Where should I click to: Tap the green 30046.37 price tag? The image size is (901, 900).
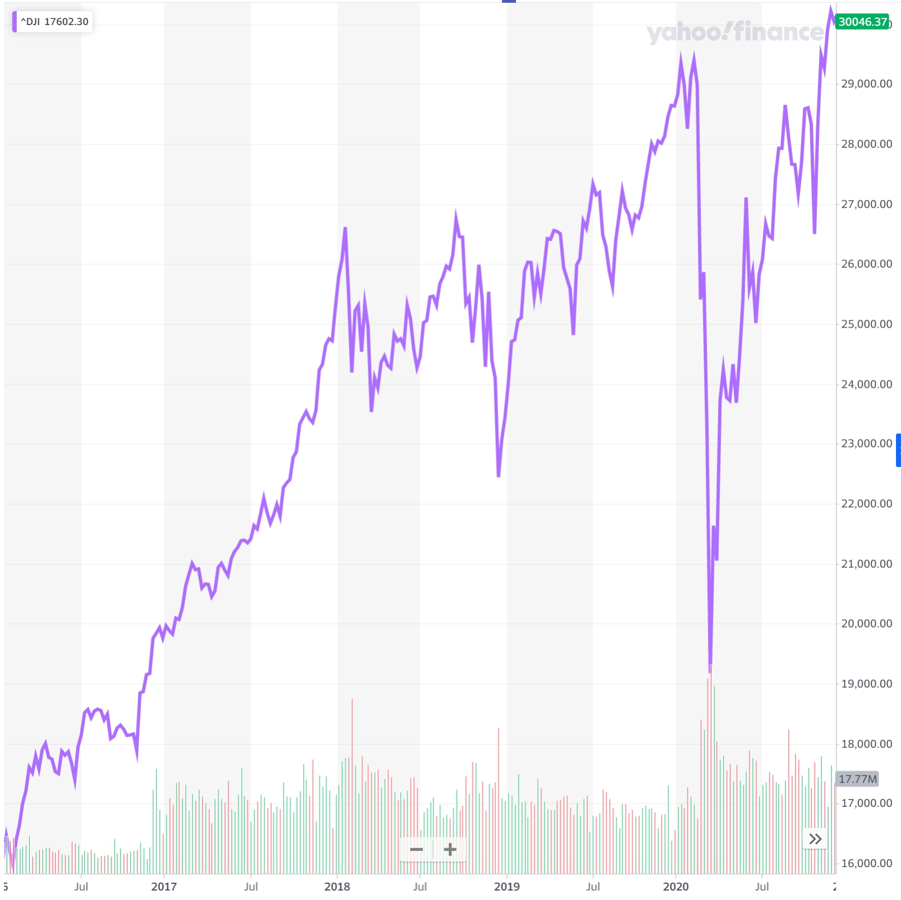click(x=863, y=22)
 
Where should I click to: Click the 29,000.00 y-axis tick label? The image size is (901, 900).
click(x=866, y=84)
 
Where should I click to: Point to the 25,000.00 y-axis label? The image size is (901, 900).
click(x=866, y=324)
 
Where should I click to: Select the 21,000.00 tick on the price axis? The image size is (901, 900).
click(x=866, y=564)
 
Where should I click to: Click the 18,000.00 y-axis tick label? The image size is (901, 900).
click(x=866, y=744)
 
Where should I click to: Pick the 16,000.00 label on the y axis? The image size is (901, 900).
click(x=866, y=863)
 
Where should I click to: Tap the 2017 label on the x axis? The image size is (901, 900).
click(x=164, y=886)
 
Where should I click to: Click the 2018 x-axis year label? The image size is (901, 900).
click(x=337, y=886)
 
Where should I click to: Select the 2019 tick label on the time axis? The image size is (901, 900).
click(x=506, y=886)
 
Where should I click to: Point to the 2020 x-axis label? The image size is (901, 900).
click(x=676, y=886)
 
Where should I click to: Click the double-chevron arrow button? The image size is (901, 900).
click(x=815, y=839)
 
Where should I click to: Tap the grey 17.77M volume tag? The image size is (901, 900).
click(x=858, y=779)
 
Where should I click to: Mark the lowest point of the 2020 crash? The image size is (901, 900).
click(x=710, y=671)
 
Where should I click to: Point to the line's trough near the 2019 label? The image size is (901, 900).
click(x=498, y=476)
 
